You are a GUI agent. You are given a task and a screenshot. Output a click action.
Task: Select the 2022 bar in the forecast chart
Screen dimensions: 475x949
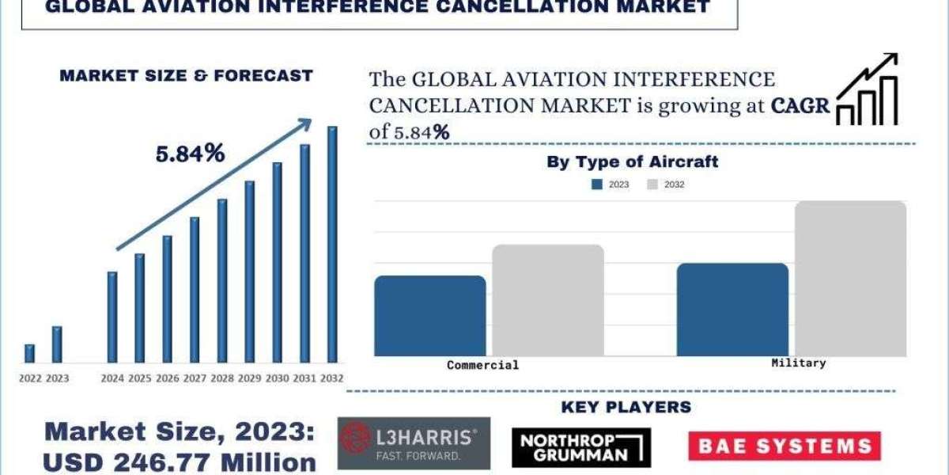(x=30, y=353)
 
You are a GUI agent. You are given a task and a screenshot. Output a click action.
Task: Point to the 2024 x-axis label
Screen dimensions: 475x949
(x=112, y=378)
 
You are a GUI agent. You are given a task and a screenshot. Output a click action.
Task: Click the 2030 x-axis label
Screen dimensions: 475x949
(x=277, y=378)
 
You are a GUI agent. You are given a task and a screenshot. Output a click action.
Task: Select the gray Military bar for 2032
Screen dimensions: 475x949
(x=850, y=278)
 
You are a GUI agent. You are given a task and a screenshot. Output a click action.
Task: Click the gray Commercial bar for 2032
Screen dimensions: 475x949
(x=548, y=300)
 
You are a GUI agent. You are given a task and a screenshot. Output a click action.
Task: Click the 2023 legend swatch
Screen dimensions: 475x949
(x=596, y=184)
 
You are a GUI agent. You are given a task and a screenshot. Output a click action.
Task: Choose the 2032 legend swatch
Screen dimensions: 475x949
(x=652, y=184)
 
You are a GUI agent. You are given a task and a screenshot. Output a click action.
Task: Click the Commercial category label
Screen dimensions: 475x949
(x=482, y=365)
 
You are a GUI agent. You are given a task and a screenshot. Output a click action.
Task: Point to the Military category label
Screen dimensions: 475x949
(x=798, y=363)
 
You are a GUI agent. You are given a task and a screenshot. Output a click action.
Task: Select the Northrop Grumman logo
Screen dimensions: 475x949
(x=581, y=447)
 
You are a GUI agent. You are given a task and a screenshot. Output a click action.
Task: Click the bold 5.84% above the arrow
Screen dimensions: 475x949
(x=190, y=154)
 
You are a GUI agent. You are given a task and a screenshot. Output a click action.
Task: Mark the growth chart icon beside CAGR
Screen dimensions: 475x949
(x=868, y=89)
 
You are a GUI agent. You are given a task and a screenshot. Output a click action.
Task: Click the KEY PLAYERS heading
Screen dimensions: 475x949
(x=626, y=407)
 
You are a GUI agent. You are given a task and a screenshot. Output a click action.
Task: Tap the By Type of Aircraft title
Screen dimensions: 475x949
(x=632, y=161)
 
